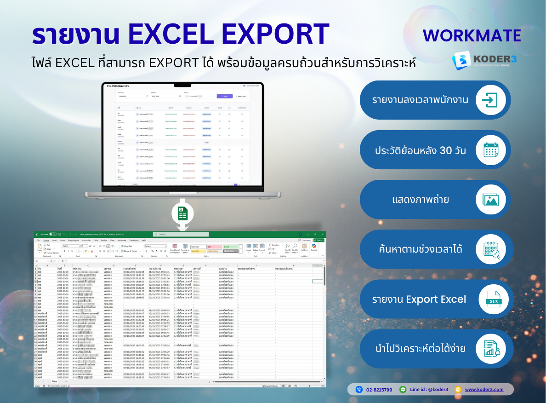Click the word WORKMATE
click(472, 36)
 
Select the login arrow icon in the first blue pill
click(490, 100)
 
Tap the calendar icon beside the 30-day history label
click(490, 150)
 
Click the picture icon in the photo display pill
click(490, 200)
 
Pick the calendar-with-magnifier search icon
click(490, 249)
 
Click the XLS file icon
click(490, 299)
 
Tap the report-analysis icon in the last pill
click(490, 348)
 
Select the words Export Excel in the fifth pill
click(436, 299)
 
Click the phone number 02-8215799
click(379, 390)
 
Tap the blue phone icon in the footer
click(359, 390)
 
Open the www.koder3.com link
click(484, 390)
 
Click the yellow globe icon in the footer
click(458, 390)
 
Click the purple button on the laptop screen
click(225, 96)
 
